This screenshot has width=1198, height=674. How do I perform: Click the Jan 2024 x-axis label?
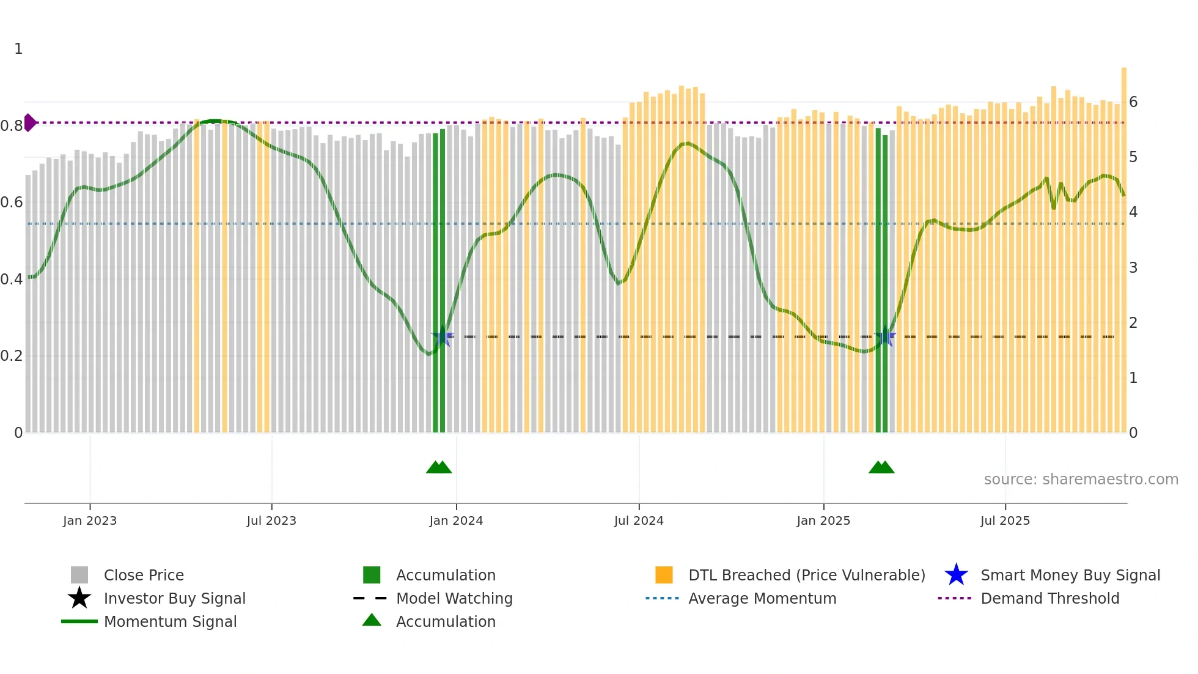point(456,520)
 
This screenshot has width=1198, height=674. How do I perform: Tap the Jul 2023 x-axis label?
point(271,520)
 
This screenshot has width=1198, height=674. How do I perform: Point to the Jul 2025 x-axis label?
point(1005,520)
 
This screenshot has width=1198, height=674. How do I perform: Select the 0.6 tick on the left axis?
point(12,202)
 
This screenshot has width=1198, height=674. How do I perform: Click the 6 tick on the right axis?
point(1133,102)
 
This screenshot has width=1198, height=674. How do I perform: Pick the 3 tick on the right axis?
point(1133,268)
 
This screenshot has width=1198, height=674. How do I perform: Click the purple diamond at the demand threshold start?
point(29,122)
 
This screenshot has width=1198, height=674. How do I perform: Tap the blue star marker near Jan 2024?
point(443,336)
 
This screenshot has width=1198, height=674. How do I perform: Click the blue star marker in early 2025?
point(884,336)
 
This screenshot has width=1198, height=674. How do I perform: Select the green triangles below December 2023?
point(439,467)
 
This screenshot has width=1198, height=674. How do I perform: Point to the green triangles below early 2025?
point(881,467)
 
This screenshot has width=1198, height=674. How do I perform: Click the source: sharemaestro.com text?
point(1081,480)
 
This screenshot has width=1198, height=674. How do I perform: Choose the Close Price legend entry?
point(144,575)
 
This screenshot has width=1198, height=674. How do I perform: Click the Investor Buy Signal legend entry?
point(174,598)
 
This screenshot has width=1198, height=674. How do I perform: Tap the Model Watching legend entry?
point(454,598)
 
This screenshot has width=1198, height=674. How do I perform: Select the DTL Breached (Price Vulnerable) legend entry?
point(806,575)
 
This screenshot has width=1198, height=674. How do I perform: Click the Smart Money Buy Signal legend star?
point(956,575)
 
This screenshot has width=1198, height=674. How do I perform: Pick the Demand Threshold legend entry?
point(1049,598)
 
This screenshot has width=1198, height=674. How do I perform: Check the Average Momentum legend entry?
point(762,598)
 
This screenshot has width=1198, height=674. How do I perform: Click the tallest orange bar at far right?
point(1123,245)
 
